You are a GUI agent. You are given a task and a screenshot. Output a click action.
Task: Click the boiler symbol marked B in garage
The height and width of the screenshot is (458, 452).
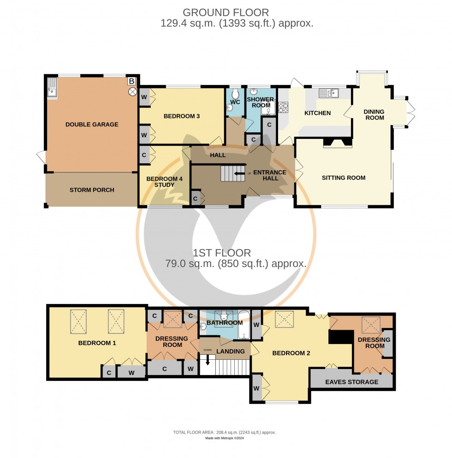(x=132, y=82)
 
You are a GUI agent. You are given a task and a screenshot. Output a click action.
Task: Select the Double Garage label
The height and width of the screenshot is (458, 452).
(x=92, y=124)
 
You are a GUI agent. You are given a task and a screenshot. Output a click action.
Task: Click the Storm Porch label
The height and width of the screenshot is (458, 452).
(x=92, y=190)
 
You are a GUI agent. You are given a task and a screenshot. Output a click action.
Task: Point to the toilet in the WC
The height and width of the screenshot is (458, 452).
(x=235, y=92)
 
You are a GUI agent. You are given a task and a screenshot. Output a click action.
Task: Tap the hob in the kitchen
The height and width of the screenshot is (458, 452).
(x=283, y=107)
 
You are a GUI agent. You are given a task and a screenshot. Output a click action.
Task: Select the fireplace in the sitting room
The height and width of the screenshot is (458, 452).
(x=336, y=143)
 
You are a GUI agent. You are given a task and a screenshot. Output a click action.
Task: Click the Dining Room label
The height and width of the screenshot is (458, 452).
(x=374, y=114)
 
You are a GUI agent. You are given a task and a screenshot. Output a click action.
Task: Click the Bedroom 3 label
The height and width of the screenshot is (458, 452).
(x=182, y=116)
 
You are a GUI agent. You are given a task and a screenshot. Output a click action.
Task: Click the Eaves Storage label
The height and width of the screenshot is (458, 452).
(x=351, y=381)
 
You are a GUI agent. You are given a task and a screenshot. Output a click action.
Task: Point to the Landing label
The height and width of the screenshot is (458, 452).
(x=231, y=351)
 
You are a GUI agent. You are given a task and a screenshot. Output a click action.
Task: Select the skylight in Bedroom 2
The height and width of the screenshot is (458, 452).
(x=282, y=319)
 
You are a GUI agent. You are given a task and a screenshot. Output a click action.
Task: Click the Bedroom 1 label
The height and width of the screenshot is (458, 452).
(x=97, y=343)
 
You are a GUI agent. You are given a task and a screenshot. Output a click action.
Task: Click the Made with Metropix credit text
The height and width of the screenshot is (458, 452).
(x=224, y=438)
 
